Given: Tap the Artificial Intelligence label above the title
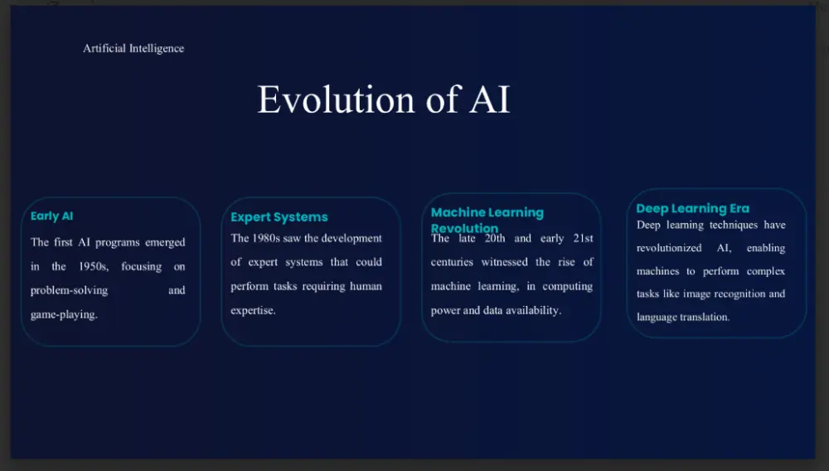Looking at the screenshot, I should tap(133, 48).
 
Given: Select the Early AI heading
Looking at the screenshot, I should tap(52, 216).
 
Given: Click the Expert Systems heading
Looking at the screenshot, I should tap(279, 217).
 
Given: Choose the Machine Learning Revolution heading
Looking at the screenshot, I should tap(487, 220).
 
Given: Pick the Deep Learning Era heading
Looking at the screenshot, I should tap(692, 208).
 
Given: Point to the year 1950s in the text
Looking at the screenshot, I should tap(93, 267).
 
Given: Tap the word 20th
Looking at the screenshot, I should tap(495, 239).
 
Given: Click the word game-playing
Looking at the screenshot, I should tap(64, 315).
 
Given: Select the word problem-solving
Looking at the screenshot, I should tap(69, 291).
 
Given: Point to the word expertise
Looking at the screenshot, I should tap(253, 311).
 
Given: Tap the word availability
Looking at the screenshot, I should tap(531, 311).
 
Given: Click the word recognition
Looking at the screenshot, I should tap(735, 294).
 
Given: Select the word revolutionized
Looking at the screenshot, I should tap(669, 248).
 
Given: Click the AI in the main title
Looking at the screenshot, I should tap(490, 100).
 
